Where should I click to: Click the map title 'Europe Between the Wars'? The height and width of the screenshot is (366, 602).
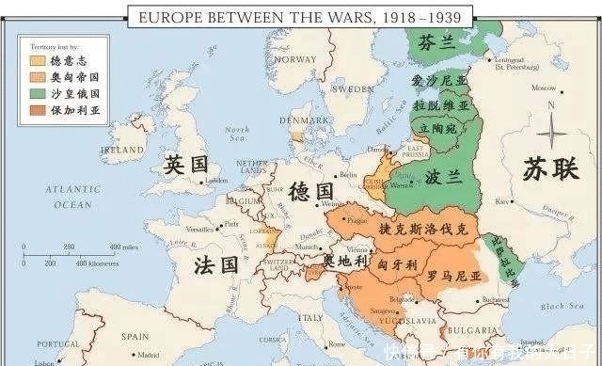[x=299, y=16]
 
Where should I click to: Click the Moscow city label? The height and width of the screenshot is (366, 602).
[x=544, y=88]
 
